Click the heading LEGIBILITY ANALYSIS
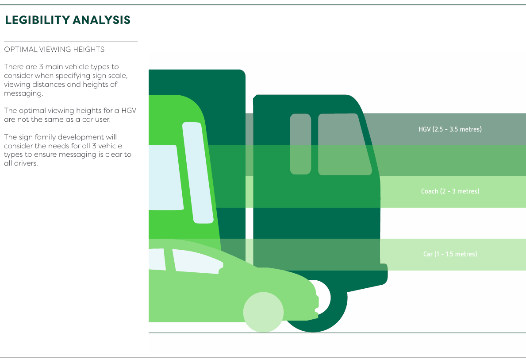coord(67,20)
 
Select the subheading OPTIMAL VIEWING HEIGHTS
coord(54,49)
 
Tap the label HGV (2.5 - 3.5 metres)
coord(450,129)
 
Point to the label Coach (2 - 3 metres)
coord(450,191)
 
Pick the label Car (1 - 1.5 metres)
coord(450,254)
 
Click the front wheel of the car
coord(263,312)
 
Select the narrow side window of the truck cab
coord(300,144)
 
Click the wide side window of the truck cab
coord(344,144)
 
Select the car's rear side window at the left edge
coord(157,259)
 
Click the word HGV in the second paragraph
coord(128,111)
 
